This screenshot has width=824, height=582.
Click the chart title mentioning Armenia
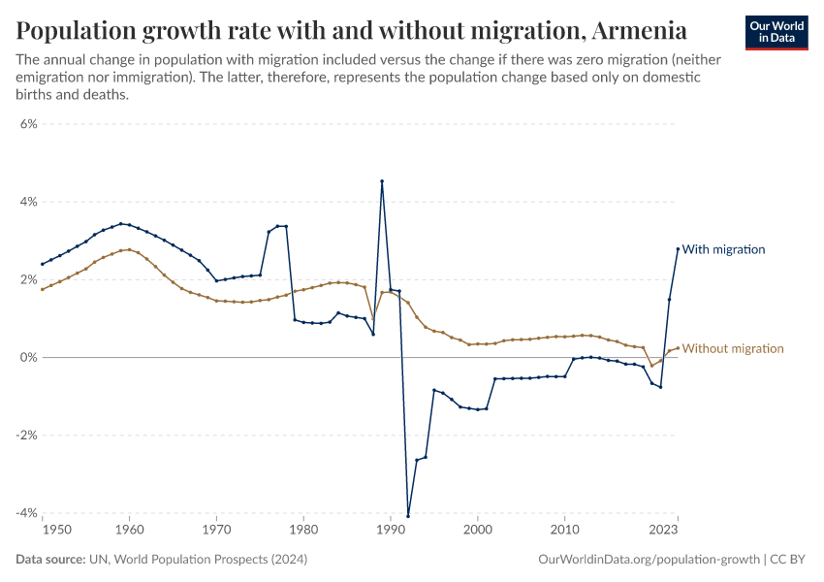(x=352, y=30)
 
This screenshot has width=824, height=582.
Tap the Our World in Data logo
(x=776, y=32)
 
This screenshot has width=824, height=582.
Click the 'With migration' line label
(x=723, y=249)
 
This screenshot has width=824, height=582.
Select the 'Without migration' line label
(x=733, y=348)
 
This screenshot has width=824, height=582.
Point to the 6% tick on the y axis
(x=27, y=124)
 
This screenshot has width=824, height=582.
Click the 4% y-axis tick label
(x=27, y=202)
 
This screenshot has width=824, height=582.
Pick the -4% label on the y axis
(x=25, y=512)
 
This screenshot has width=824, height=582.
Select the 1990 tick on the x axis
(x=390, y=531)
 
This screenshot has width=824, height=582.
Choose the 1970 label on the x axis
(x=216, y=531)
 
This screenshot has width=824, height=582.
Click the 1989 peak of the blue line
(x=382, y=181)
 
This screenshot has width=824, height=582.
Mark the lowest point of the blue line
(x=408, y=515)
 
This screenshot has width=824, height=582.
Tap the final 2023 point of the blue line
(x=678, y=249)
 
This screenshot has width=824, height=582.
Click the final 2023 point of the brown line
(x=678, y=348)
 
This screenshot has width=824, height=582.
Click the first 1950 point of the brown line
(x=43, y=289)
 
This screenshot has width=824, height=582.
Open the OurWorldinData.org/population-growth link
(x=647, y=560)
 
